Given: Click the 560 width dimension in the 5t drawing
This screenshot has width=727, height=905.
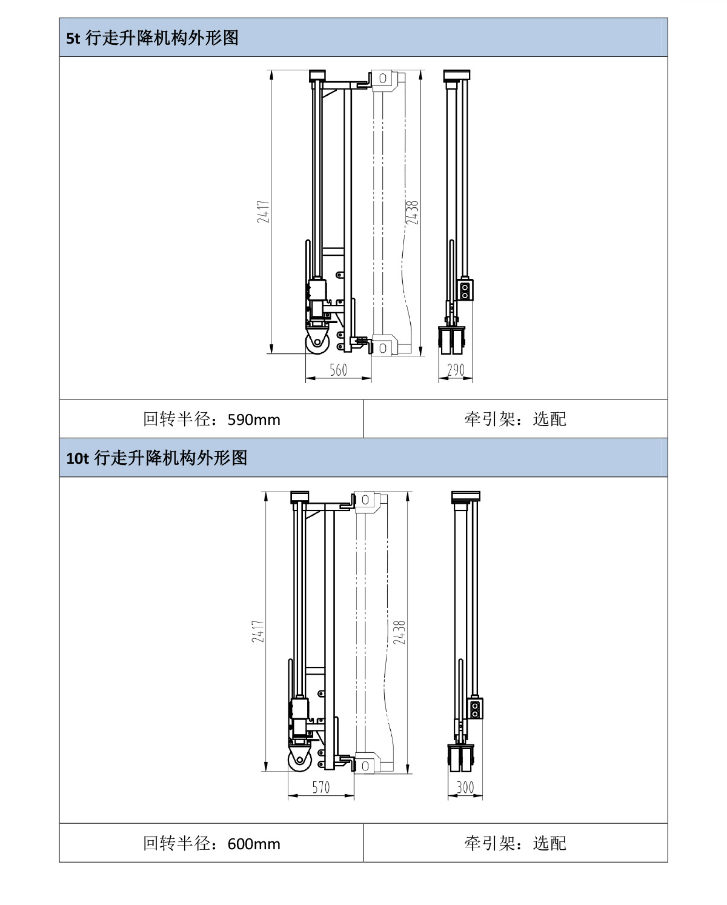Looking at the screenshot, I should coord(338,370).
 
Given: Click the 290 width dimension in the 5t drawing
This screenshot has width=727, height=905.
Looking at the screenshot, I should coord(456,370).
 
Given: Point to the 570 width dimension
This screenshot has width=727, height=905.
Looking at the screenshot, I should coord(321,787).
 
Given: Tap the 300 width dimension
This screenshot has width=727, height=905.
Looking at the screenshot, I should coord(465,787).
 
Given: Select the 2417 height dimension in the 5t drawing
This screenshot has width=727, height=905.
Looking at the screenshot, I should coord(263,212).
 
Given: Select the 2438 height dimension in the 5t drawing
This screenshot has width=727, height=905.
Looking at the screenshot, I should coord(413,213).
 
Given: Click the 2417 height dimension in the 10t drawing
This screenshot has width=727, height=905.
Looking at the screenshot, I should coord(258,632).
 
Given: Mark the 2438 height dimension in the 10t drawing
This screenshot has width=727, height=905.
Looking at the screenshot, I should coord(399,632).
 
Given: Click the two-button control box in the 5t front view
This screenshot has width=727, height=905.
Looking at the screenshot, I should coord(465,290).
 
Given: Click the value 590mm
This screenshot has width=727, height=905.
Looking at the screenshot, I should coord(254,419).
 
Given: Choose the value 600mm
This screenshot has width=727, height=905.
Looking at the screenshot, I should coord(254,844).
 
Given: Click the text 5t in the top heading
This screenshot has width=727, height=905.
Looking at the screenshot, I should coord(73,38).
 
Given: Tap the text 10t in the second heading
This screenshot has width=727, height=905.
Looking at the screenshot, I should coord(78,458).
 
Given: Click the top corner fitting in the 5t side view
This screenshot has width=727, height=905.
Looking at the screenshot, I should coord(383,79).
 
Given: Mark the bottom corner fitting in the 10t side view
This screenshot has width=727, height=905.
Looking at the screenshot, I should coord(367,764).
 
